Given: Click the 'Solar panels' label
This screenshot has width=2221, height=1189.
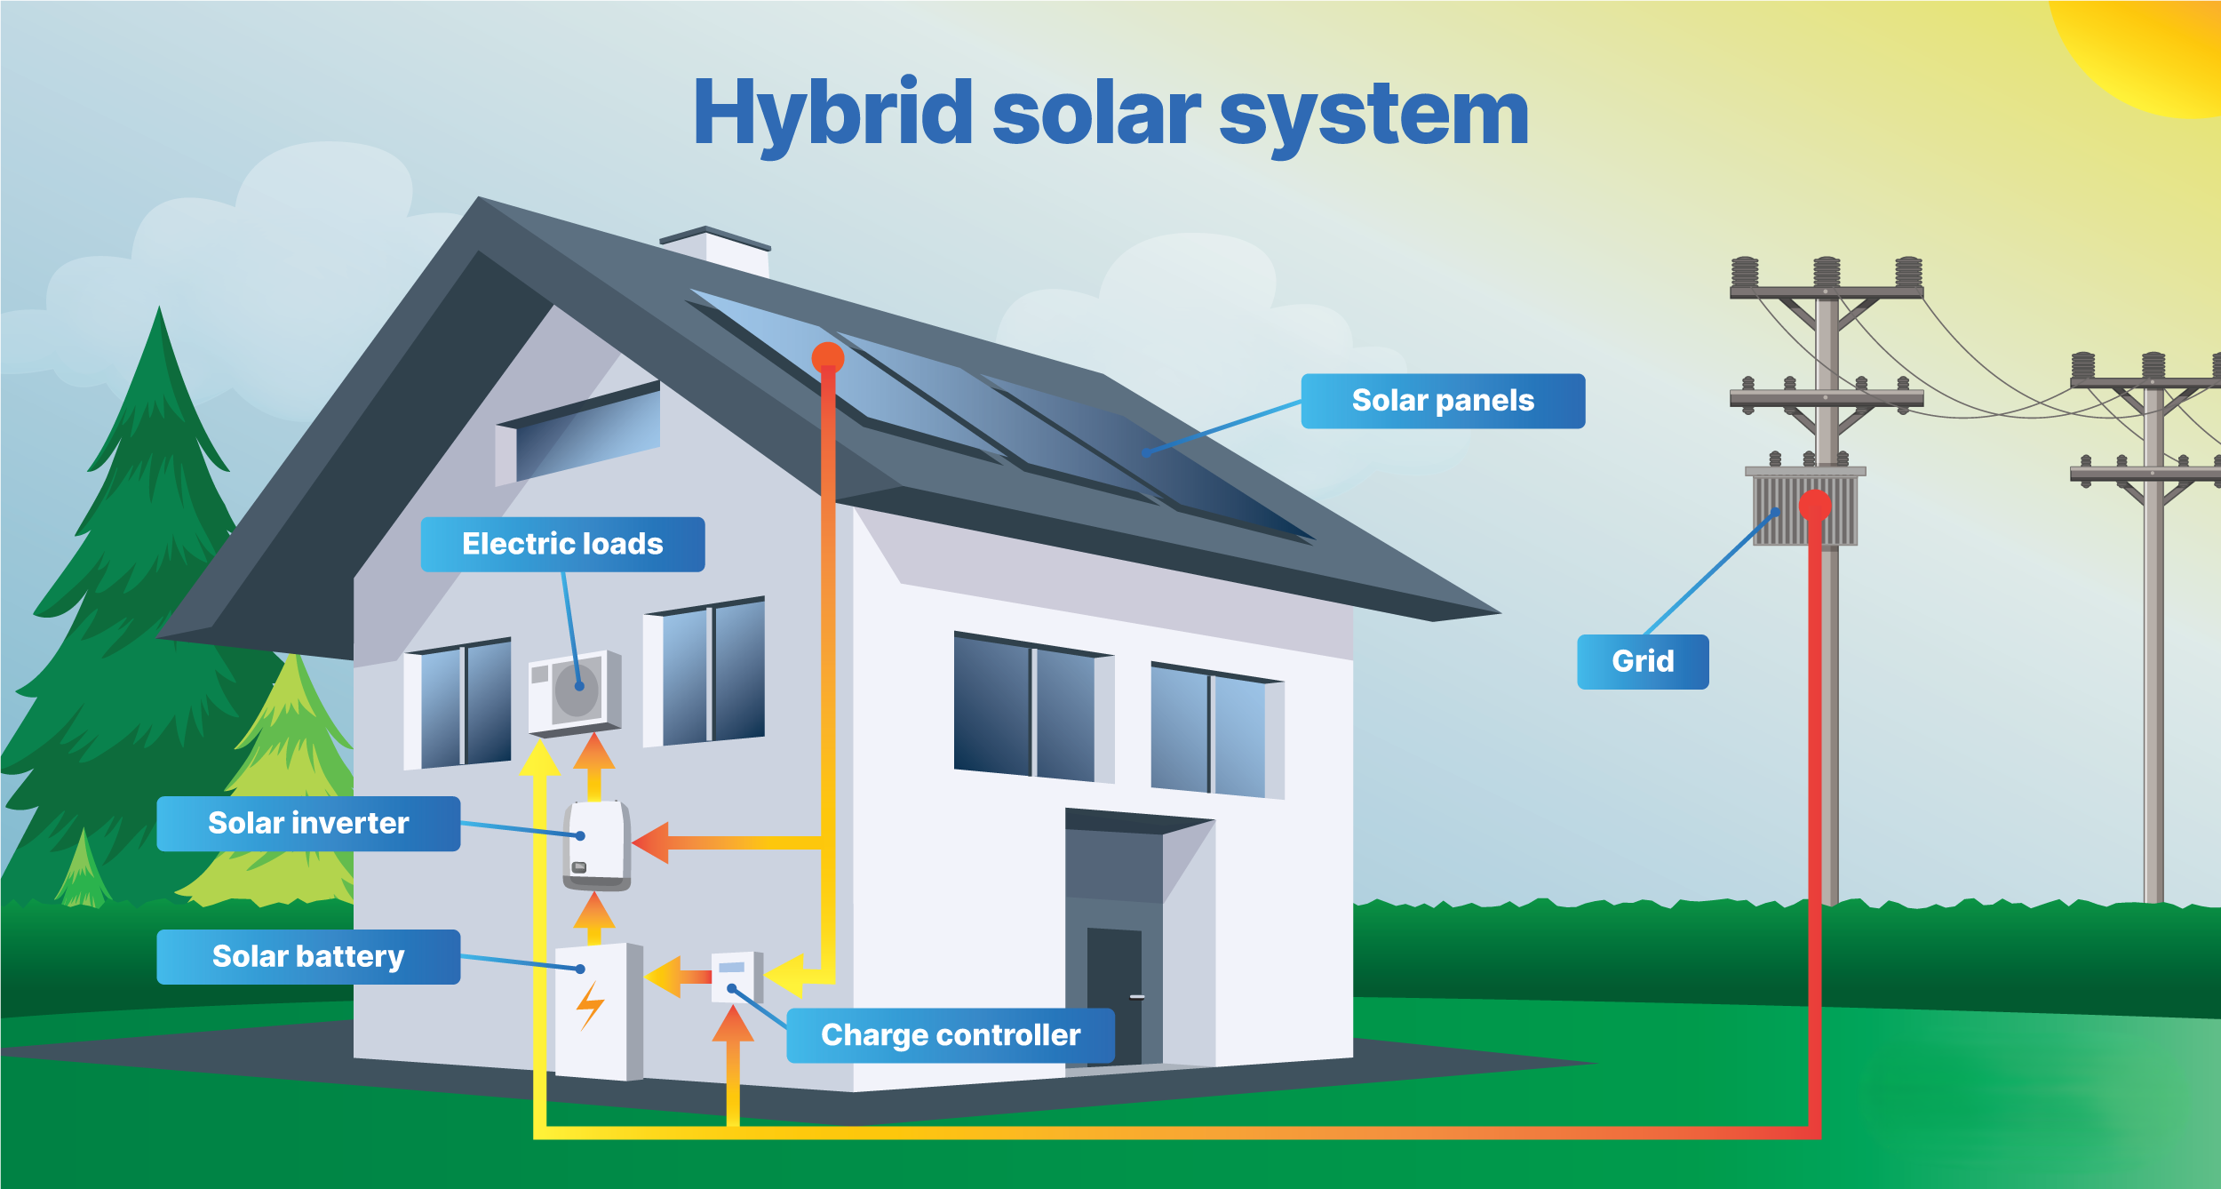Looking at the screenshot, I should (x=1442, y=401).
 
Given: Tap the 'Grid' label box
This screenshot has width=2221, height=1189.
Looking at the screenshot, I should (x=1642, y=661).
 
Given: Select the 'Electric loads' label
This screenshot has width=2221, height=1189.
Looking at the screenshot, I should (x=562, y=544).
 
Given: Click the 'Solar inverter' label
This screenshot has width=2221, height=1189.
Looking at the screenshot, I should (x=308, y=823).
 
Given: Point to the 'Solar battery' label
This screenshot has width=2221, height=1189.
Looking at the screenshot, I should (x=308, y=956).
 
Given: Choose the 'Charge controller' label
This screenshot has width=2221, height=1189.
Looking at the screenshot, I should (x=950, y=1035).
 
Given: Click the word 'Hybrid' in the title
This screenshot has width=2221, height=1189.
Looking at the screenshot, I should (x=832, y=114).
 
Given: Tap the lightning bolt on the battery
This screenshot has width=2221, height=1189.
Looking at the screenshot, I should (x=589, y=1004).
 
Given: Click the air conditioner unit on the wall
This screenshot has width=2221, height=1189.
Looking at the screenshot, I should (x=574, y=692).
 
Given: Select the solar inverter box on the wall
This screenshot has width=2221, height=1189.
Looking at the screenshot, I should (x=597, y=845).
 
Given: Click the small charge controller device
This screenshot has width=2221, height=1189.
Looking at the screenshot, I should (x=736, y=977).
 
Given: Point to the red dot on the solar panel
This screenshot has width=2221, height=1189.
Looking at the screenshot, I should (x=827, y=358).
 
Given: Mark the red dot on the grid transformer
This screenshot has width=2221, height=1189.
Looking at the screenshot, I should (x=1815, y=506).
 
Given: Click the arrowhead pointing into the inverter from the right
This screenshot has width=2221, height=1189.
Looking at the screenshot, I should (x=651, y=842).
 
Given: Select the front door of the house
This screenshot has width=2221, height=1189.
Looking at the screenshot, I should (x=1113, y=995).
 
